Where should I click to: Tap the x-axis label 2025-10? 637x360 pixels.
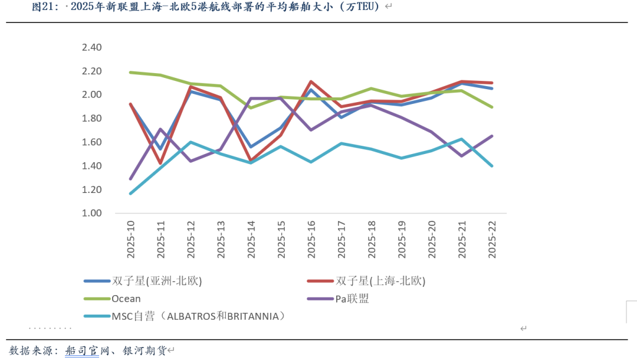click(x=130, y=239)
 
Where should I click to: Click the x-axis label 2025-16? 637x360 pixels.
click(x=311, y=239)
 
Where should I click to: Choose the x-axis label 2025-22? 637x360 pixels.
click(x=492, y=239)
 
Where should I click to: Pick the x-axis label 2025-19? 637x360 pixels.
click(x=402, y=239)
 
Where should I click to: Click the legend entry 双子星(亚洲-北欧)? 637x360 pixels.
click(x=156, y=281)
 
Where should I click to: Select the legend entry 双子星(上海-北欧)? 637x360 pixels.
click(x=380, y=281)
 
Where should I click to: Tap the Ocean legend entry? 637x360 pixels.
click(x=126, y=299)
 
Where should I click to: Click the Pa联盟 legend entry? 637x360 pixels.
click(x=352, y=299)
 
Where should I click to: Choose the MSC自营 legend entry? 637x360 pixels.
click(x=198, y=316)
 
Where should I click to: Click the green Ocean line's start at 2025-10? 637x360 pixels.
click(x=130, y=73)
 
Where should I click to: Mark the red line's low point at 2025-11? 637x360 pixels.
click(x=160, y=163)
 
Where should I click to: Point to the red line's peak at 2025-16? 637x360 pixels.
click(x=311, y=81)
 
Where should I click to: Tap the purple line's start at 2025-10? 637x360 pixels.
click(x=130, y=179)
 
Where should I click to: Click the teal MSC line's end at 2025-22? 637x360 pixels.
click(x=492, y=166)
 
